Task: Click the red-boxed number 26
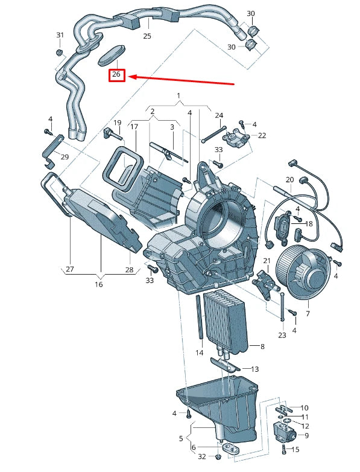coord(116,76)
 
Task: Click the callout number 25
coord(147,36)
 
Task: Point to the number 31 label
coord(60,35)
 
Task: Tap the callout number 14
coord(199,352)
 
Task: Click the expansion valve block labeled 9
coord(283,432)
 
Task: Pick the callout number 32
coord(202,456)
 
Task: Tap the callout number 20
coord(289,180)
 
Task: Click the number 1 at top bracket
coord(178,96)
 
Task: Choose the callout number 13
coord(254,369)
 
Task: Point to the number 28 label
coord(129,270)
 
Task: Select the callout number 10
coord(304,408)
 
